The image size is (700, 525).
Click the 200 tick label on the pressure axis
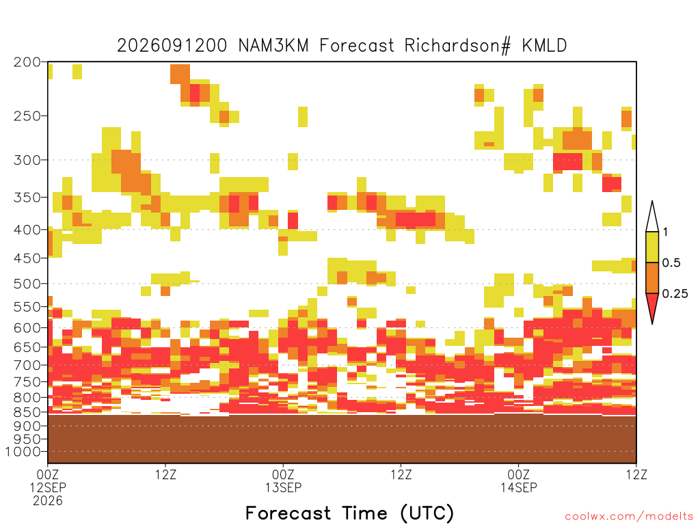pos(27,62)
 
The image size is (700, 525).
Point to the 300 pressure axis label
pos(27,160)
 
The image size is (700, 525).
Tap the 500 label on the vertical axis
pos(27,284)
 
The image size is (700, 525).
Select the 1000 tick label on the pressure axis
pos(23,452)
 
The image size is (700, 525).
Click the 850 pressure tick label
pos(27,412)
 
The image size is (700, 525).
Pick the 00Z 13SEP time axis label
pos(283,481)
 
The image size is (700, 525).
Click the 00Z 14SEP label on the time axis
pos(518,481)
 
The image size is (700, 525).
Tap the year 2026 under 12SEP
pos(48,501)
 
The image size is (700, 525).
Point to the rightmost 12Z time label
pos(636,474)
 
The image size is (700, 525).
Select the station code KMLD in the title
pos(545,46)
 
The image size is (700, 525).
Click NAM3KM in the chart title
pos(273,46)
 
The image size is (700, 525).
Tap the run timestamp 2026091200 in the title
pos(172,46)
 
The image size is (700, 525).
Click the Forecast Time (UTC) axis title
pos(349,513)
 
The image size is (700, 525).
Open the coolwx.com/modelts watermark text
pos(629,517)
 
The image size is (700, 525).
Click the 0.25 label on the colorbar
pos(675,293)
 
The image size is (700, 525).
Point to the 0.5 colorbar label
pos(671,262)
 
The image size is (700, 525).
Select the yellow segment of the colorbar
pos(652,247)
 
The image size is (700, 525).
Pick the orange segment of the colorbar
pos(652,278)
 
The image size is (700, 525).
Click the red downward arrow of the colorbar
pos(652,306)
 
